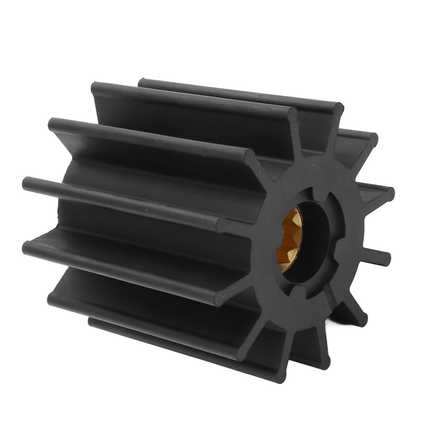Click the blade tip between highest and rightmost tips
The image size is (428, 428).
point(370,140)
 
